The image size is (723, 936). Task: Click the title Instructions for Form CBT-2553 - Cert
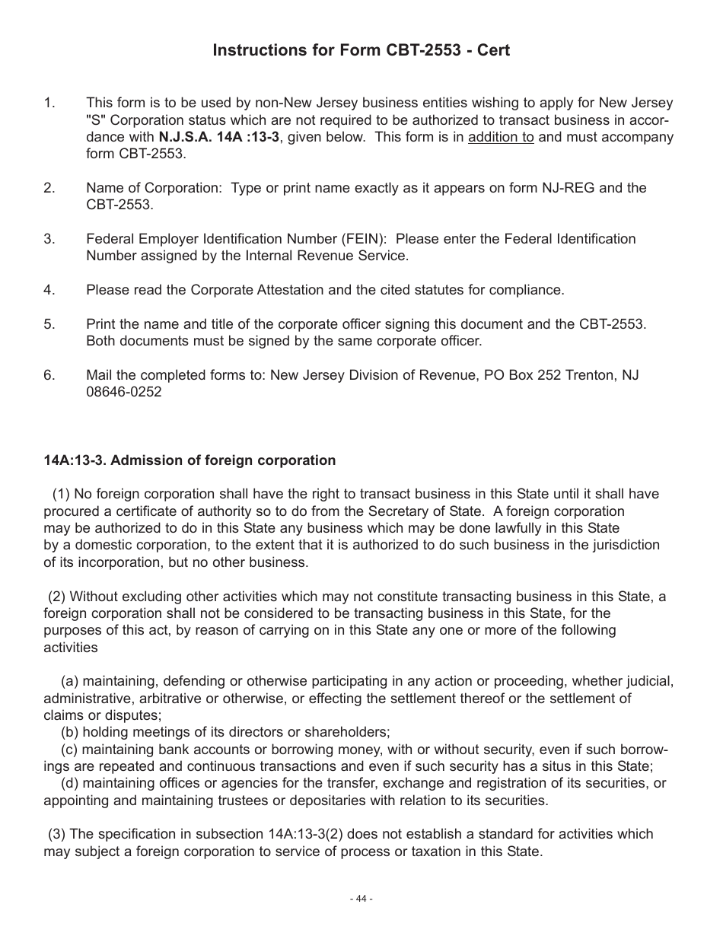click(361, 50)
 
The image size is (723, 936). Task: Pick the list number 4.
click(49, 290)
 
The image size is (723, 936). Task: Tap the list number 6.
click(49, 375)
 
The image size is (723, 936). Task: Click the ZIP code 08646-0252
click(124, 393)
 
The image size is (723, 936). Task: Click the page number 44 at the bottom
click(361, 899)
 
